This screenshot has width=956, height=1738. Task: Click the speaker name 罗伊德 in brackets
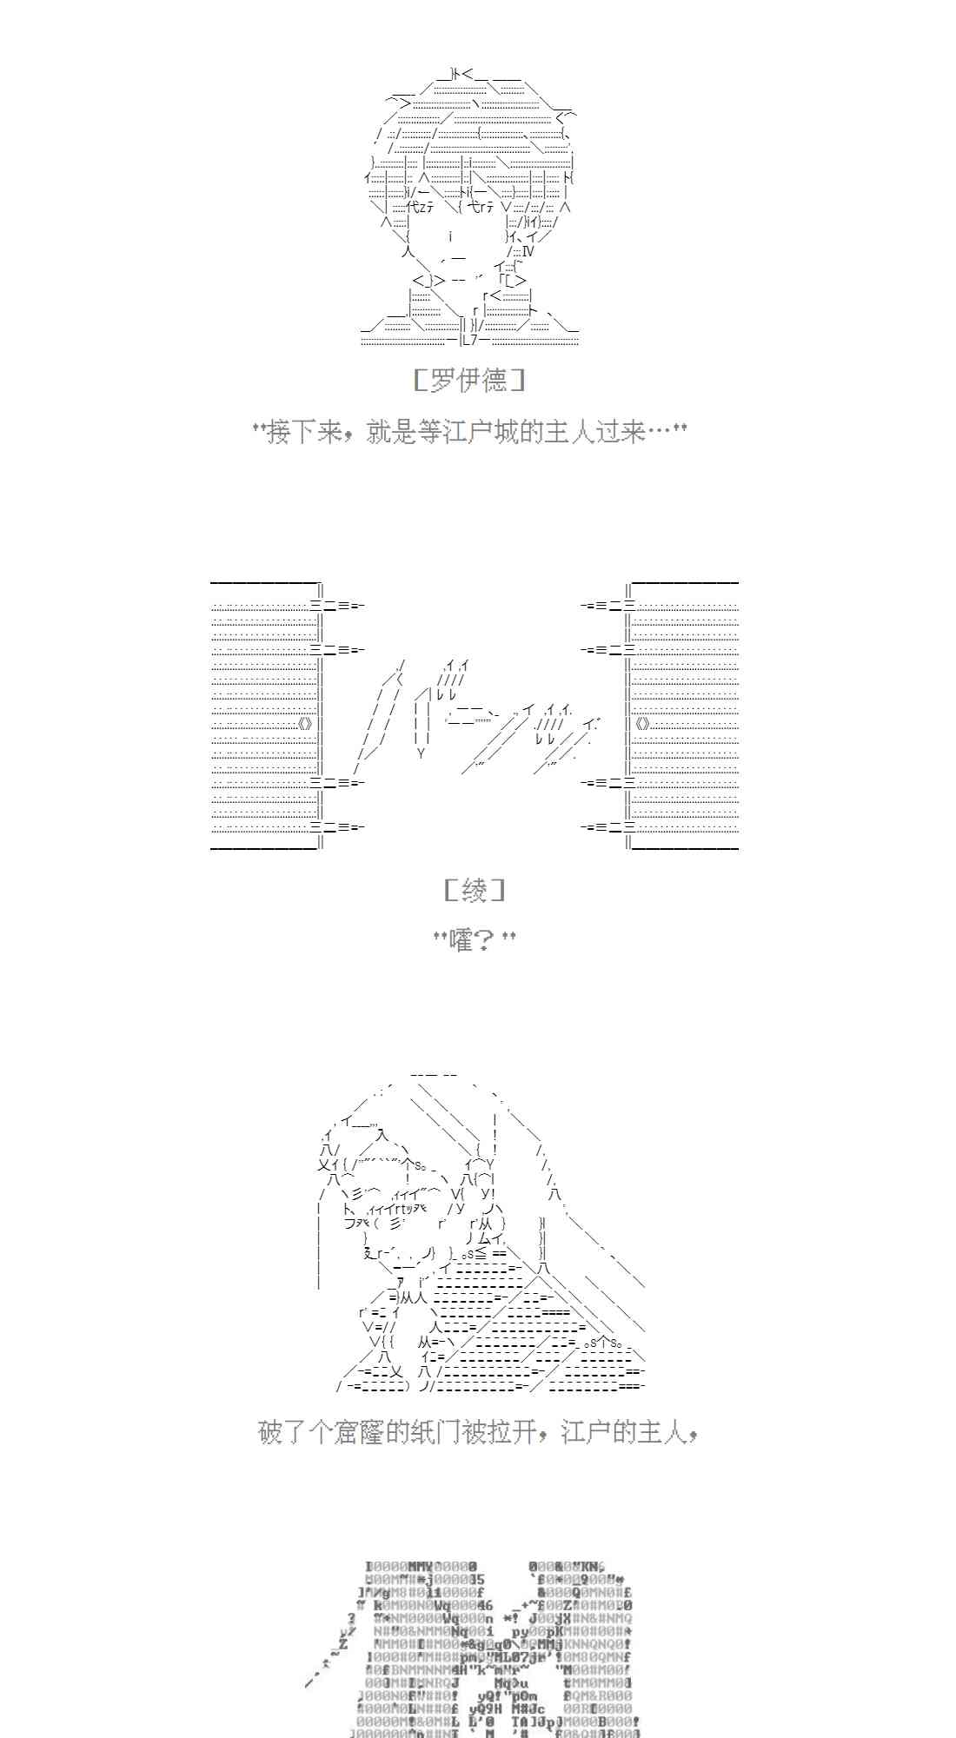click(x=469, y=381)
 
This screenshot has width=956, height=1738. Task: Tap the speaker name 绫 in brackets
click(x=474, y=890)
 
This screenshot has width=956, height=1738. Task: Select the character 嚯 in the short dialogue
click(x=461, y=939)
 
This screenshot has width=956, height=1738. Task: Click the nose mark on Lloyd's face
click(x=451, y=236)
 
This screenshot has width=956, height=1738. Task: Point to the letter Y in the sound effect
click(x=422, y=753)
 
